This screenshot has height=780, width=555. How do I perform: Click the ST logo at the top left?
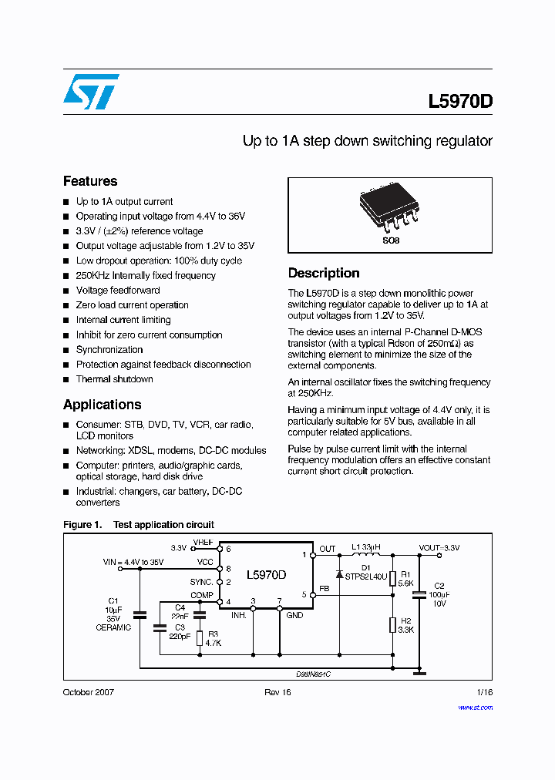point(91,92)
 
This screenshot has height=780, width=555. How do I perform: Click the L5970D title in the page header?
point(460,103)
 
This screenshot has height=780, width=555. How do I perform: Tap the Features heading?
point(90,181)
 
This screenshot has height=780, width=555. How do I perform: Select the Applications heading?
point(102,405)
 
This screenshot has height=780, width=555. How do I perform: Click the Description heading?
point(324,273)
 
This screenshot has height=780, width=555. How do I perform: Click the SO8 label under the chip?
point(391,240)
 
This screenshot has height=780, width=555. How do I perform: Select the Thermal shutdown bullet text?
point(114,379)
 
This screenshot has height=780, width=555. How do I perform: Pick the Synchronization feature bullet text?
point(109,350)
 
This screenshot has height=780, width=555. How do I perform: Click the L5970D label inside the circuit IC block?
point(266,575)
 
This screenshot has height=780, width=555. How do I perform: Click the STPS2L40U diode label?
point(367,575)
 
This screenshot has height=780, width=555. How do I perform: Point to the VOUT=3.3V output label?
point(439,548)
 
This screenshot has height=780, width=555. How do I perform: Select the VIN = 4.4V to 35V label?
point(133,563)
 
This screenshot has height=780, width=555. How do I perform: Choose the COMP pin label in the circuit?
point(202,595)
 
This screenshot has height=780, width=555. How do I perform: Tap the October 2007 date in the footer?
point(88,692)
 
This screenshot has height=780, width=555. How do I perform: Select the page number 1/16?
point(485,692)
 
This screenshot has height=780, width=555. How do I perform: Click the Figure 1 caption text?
point(139,525)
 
